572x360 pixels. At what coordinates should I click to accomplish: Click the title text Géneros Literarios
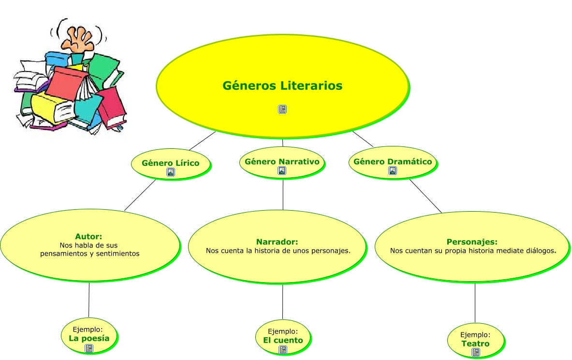[x=282, y=86]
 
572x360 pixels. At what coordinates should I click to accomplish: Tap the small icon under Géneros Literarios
[x=282, y=109]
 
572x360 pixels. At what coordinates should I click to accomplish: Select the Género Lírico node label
[x=170, y=163]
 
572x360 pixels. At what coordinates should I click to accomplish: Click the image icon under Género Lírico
[x=170, y=172]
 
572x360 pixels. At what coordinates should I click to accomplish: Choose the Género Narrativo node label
[x=282, y=161]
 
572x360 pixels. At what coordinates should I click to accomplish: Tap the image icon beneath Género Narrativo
[x=282, y=171]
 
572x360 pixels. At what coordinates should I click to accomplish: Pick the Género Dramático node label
[x=393, y=161]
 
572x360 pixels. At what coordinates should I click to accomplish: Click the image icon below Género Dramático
[x=393, y=171]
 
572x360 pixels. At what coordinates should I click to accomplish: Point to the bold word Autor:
[x=88, y=236]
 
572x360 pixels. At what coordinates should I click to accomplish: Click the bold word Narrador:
[x=277, y=242]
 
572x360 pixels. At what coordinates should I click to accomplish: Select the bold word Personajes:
[x=472, y=242]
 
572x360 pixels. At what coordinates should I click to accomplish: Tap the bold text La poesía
[x=89, y=338]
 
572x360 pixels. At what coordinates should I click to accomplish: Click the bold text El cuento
[x=283, y=340]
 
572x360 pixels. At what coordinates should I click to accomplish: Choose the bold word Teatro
[x=475, y=344]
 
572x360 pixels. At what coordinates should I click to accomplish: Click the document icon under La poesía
[x=89, y=348]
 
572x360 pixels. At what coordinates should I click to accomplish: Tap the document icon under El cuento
[x=283, y=349]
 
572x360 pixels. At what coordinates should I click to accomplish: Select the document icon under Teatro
[x=476, y=353]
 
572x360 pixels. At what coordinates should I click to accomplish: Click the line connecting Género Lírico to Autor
[x=140, y=195]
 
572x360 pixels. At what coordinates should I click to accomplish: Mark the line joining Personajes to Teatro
[x=475, y=302]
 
